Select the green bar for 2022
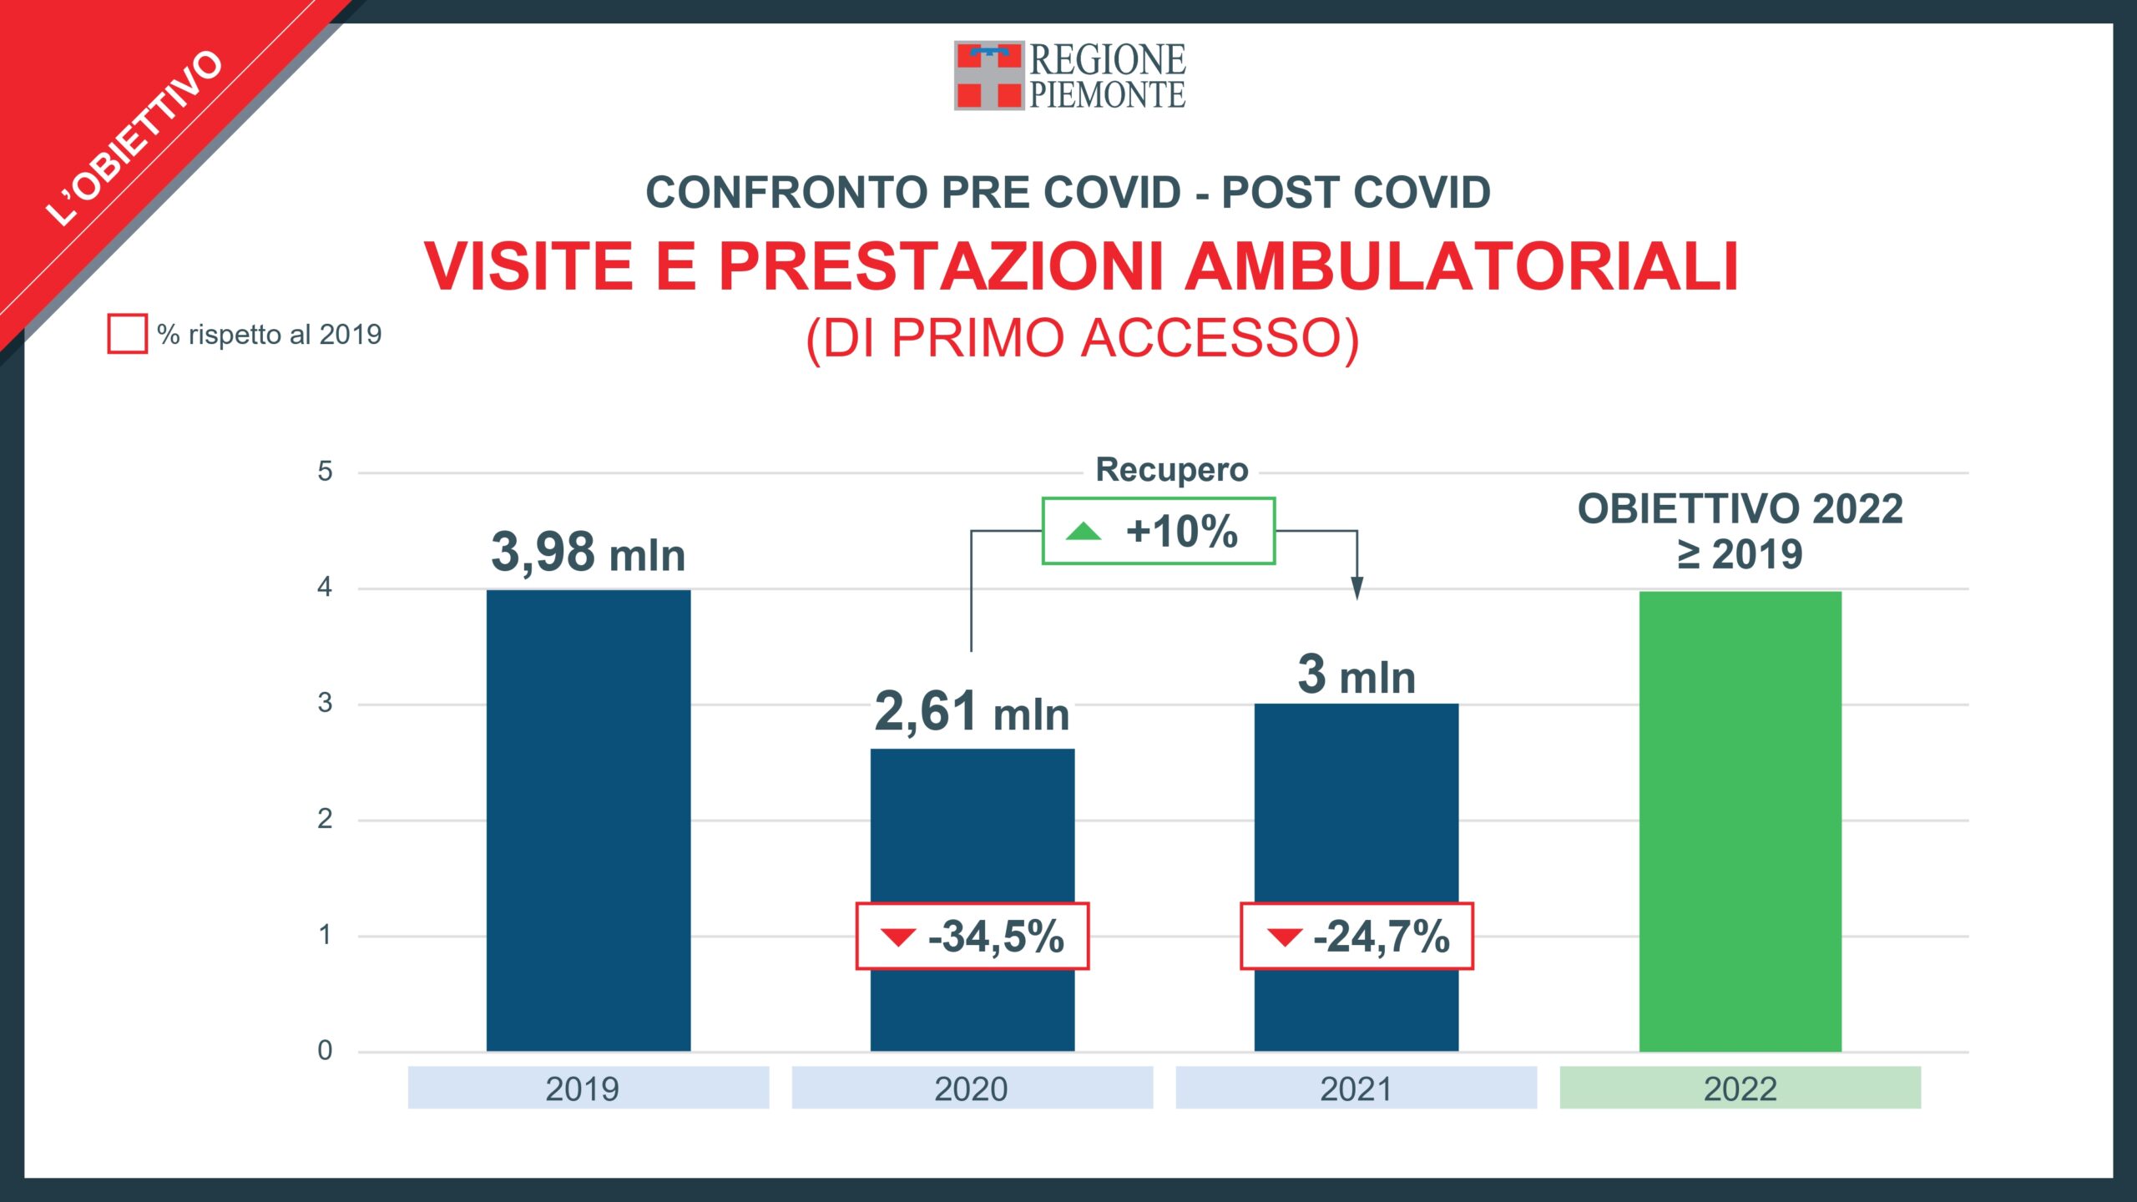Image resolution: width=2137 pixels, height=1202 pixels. pos(1740,821)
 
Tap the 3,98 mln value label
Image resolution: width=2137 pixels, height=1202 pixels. pos(588,553)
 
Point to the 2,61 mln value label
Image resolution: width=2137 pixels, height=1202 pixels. pos(972,712)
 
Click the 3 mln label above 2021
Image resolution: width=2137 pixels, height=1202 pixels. pos(1356,674)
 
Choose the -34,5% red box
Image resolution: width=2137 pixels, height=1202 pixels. pos(973,936)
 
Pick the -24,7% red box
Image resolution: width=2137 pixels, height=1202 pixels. pos(1356,936)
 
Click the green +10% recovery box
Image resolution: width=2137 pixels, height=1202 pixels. pos(1158,531)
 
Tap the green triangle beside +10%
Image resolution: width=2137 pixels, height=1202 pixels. pos(1084,531)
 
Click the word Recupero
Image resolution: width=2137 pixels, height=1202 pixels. pos(1171,470)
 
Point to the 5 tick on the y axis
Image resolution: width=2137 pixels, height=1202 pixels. pos(325,472)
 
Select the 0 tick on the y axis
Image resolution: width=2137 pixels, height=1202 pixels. pos(325,1050)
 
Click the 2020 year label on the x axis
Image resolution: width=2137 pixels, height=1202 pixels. pos(971,1088)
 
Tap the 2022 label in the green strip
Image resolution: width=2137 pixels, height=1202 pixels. pos(1740,1088)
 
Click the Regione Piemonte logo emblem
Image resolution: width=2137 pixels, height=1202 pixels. pos(988,75)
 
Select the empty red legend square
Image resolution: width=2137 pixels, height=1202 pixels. pos(127,334)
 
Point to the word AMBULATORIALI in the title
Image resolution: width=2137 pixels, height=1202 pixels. pos(1463,267)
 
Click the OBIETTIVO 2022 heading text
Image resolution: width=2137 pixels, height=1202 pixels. pos(1740,509)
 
